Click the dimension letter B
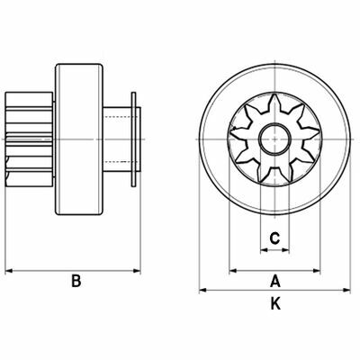[76, 281]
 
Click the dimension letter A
[275, 281]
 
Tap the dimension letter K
[275, 303]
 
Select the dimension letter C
[274, 238]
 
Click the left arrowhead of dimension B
[9, 271]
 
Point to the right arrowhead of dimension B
[137, 271]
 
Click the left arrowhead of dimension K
[202, 290]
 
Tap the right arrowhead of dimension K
[346, 290]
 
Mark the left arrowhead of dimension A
[233, 271]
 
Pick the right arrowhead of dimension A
[317, 271]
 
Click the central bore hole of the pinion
[274, 139]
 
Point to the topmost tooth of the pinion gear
[274, 103]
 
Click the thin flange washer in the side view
[133, 139]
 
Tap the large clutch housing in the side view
[79, 139]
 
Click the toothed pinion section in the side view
[30, 139]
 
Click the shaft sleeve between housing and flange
[118, 139]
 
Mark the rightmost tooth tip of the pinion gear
[318, 131]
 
